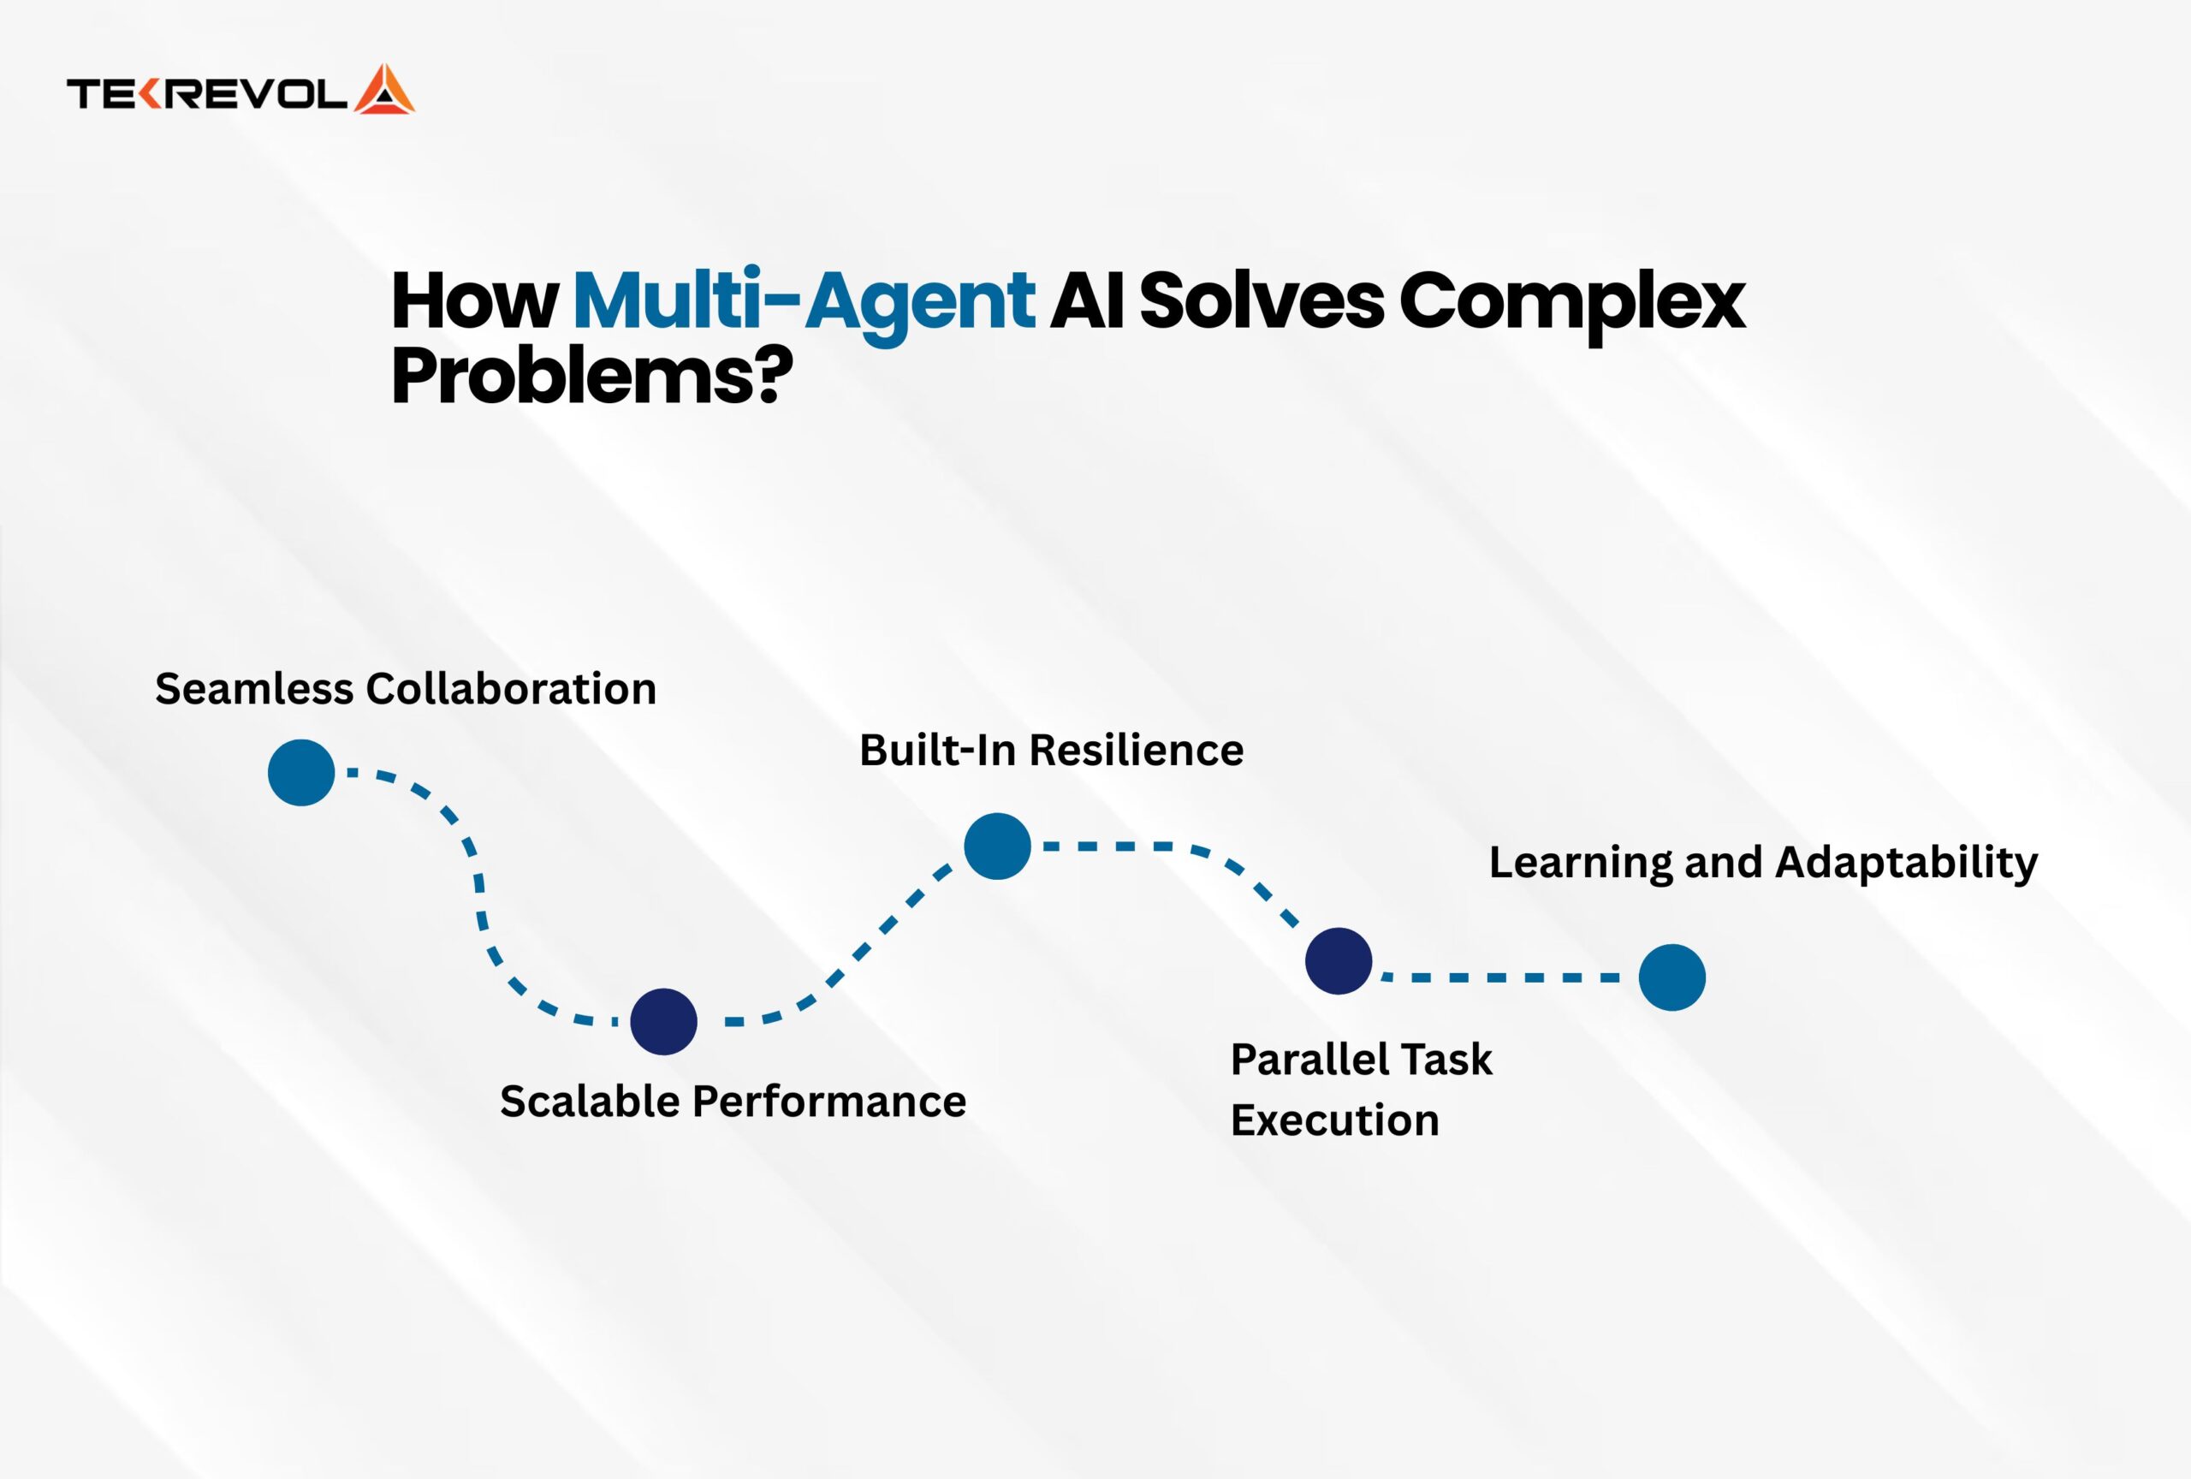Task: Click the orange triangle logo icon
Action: (384, 91)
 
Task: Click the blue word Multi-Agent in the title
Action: (804, 301)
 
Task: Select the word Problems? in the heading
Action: (591, 375)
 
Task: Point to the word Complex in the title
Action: (1571, 301)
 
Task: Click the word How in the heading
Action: (474, 301)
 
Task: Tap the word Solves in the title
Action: (1261, 301)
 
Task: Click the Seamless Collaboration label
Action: (406, 689)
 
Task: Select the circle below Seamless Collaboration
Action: (301, 773)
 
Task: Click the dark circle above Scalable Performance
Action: (663, 1022)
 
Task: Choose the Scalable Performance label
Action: (733, 1101)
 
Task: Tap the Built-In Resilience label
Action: (1051, 751)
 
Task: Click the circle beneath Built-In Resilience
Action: (997, 846)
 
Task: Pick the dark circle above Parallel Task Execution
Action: (1339, 960)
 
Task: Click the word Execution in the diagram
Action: (1334, 1120)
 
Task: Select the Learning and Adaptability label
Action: (1763, 863)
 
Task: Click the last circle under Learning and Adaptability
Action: (1672, 977)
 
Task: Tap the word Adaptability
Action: (1906, 863)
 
